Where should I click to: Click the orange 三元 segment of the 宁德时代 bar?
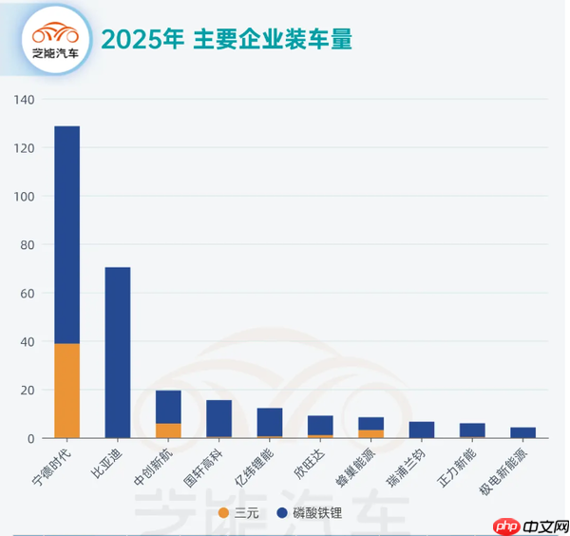pyautogui.click(x=66, y=391)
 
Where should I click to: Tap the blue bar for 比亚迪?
pyautogui.click(x=117, y=353)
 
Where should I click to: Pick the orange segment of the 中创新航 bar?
pyautogui.click(x=168, y=431)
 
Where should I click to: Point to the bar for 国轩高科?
pyautogui.click(x=218, y=418)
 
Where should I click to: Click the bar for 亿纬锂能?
pyautogui.click(x=270, y=422)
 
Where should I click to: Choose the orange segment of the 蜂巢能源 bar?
pyautogui.click(x=371, y=434)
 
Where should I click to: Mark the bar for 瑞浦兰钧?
pyautogui.click(x=422, y=431)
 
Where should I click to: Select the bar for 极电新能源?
pyautogui.click(x=523, y=433)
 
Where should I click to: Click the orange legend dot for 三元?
pyautogui.click(x=223, y=513)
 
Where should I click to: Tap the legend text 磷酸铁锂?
pyautogui.click(x=316, y=513)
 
